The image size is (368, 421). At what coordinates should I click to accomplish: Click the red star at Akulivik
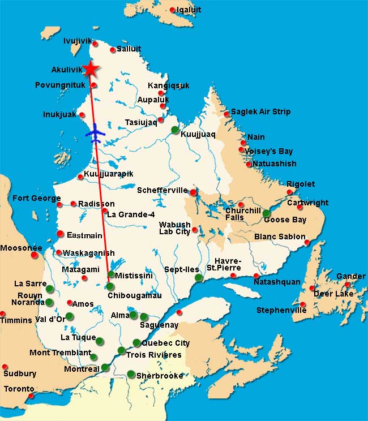point(90,68)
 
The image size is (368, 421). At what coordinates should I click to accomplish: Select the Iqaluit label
point(189,10)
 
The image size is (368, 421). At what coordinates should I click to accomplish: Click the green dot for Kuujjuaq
point(176,130)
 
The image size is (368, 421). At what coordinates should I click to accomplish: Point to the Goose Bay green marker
point(266,213)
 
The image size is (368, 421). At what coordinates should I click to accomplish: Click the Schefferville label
point(162,191)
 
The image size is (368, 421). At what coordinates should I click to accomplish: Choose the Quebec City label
point(165,343)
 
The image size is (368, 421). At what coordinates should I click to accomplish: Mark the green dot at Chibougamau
point(110,287)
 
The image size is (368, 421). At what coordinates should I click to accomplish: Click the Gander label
point(350,276)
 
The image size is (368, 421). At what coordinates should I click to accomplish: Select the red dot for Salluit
point(113,50)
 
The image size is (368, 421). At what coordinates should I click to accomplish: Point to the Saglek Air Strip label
point(260,111)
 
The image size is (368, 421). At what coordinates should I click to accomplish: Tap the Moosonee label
point(21,248)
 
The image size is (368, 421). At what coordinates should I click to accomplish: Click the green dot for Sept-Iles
point(198,278)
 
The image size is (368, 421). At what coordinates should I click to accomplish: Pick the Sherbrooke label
point(161,376)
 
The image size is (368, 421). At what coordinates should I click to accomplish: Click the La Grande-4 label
point(131,214)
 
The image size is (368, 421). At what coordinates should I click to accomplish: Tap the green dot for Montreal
point(105,368)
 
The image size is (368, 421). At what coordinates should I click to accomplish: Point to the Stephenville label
point(281,310)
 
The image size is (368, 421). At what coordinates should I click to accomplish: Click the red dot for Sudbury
point(5,367)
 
